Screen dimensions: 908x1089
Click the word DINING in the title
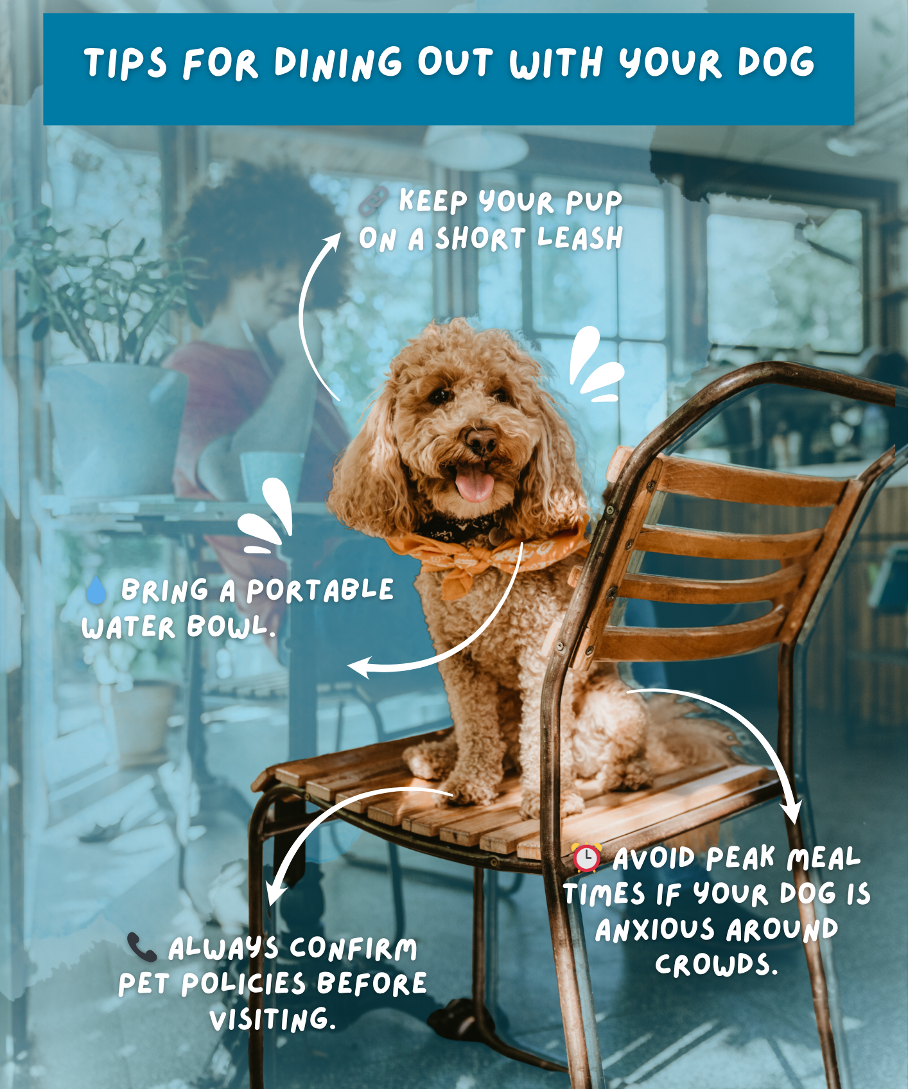coord(338,63)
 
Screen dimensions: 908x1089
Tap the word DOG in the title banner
coord(776,62)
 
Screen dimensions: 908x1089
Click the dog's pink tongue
coord(475,483)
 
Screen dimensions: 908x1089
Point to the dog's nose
coord(480,440)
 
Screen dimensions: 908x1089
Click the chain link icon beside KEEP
coord(373,201)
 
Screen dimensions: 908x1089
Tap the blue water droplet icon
coord(96,591)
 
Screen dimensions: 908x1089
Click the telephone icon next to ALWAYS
coord(141,947)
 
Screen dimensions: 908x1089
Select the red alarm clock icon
coord(586,857)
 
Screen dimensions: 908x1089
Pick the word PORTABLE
coord(320,589)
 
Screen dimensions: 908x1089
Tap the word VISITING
coord(273,1019)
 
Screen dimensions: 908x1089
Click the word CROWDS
coord(716,964)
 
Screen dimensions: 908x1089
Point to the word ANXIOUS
coord(654,929)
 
